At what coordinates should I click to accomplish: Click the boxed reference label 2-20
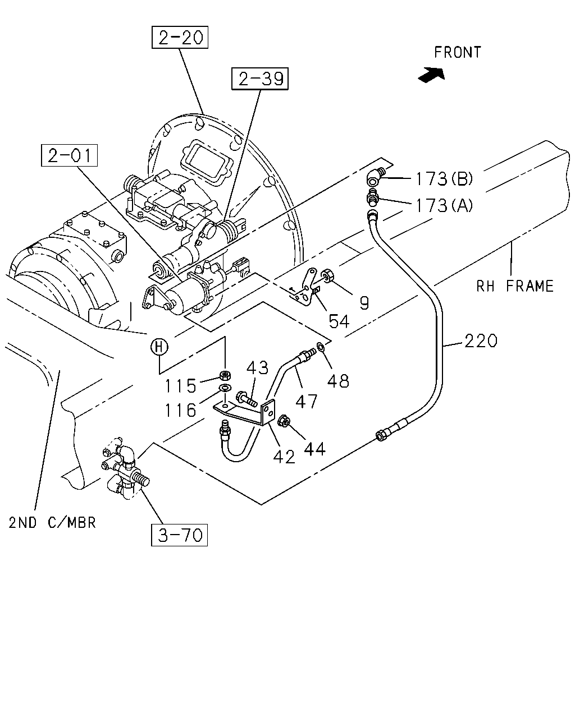click(x=180, y=38)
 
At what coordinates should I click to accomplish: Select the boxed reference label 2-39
click(x=260, y=79)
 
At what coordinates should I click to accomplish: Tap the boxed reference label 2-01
click(x=69, y=155)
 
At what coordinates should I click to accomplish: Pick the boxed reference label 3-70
click(x=180, y=535)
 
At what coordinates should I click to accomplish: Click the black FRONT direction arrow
click(x=432, y=75)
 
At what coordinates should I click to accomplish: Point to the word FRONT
click(x=458, y=52)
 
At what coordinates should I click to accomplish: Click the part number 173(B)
click(x=444, y=179)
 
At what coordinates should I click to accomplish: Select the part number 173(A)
click(x=444, y=205)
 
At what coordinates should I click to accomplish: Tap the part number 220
click(x=481, y=341)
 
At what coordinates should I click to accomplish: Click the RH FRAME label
click(x=515, y=286)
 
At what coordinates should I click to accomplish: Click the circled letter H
click(x=159, y=347)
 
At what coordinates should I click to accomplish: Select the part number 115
click(x=180, y=386)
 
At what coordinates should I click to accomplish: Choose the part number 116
click(x=180, y=410)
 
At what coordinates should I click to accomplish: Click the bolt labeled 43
click(x=247, y=399)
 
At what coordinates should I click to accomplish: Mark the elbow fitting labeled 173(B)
click(x=376, y=177)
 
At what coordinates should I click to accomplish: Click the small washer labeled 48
click(x=320, y=347)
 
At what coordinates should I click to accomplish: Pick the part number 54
click(x=339, y=321)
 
